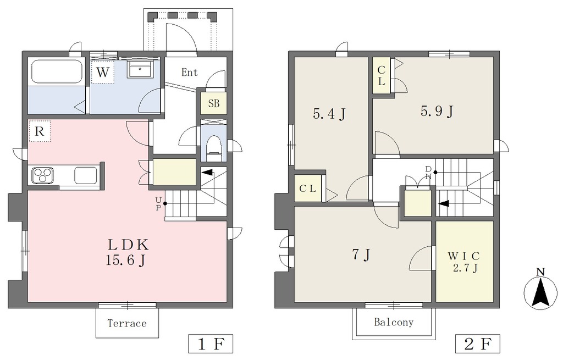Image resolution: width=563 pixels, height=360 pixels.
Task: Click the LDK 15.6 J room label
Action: pos(128,252)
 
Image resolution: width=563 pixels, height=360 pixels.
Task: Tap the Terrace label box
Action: pos(127,323)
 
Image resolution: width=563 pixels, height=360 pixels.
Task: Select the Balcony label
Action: pos(394,322)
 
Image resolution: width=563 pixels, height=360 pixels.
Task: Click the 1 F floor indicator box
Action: pos(211,344)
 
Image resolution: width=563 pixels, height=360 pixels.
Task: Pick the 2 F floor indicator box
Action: pos(477,344)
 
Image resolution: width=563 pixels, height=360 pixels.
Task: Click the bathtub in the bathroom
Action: pos(57,71)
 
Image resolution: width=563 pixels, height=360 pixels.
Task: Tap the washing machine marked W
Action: pos(102,73)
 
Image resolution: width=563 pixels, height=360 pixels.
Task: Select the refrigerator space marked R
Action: pos(40,131)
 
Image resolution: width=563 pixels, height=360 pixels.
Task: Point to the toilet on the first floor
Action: pos(214,148)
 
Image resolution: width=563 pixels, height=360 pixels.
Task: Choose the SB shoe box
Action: pos(214,104)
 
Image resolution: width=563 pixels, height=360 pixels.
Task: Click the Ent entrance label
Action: pos(189,73)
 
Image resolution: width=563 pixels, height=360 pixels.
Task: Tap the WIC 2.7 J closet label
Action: pos(464,262)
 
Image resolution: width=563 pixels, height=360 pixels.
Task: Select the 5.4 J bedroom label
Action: pos(329,114)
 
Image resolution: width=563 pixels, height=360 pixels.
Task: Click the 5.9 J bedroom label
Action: pos(437,111)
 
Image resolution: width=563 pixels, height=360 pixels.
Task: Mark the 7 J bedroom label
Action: pos(361,254)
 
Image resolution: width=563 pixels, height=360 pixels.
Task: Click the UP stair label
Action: pos(158,204)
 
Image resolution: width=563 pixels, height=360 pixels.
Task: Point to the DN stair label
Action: pos(428,173)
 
